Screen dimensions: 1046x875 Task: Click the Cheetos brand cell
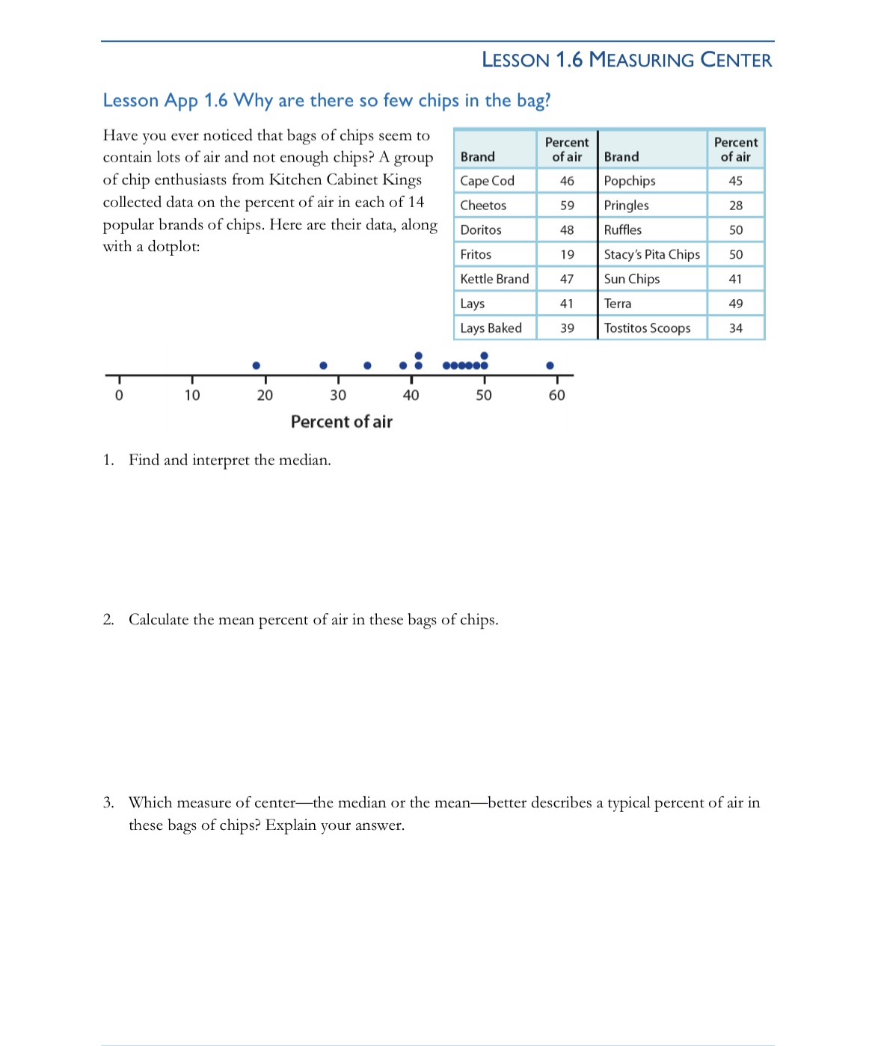(483, 205)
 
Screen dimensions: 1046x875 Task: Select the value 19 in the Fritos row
(567, 254)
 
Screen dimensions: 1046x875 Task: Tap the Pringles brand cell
(626, 205)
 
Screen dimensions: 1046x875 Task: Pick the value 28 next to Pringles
(736, 205)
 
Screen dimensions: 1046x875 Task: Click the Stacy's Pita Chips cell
(651, 254)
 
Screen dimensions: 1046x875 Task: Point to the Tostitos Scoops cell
(647, 327)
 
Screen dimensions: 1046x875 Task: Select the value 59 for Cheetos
(567, 205)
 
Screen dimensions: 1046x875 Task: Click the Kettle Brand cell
(494, 279)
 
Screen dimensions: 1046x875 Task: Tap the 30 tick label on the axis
(338, 396)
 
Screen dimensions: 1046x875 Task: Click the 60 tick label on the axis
(557, 396)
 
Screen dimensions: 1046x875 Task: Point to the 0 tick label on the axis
(119, 396)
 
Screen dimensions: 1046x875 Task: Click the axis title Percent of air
(341, 422)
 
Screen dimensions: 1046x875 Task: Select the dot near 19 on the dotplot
(257, 366)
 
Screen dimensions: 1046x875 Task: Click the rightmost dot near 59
(550, 366)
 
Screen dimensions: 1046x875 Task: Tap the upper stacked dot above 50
(484, 355)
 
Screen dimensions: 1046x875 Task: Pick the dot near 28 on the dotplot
(323, 366)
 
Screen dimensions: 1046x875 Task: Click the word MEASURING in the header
(642, 60)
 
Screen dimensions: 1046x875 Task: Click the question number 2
(108, 620)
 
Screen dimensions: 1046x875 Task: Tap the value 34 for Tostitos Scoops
(736, 327)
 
